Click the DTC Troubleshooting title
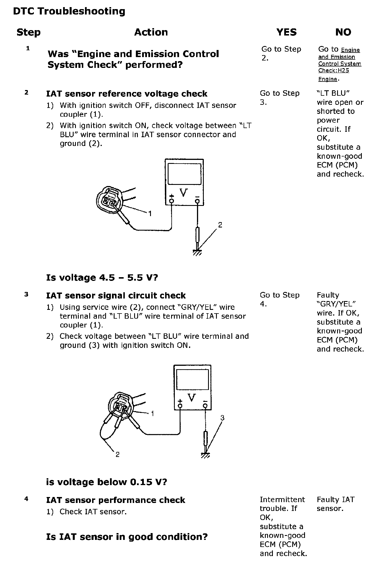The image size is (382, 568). pyautogui.click(x=69, y=11)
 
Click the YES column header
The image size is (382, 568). pyautogui.click(x=286, y=32)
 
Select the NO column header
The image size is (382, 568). pyautogui.click(x=343, y=32)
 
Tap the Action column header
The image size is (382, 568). pyautogui.click(x=151, y=32)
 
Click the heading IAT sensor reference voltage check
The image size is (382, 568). pyautogui.click(x=127, y=94)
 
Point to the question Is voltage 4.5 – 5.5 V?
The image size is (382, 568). pyautogui.click(x=102, y=277)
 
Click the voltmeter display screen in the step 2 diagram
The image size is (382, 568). pyautogui.click(x=184, y=174)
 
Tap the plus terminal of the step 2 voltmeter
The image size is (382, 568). pyautogui.click(x=172, y=201)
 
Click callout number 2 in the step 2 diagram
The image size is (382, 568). pyautogui.click(x=220, y=225)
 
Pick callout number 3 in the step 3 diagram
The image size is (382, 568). pyautogui.click(x=222, y=417)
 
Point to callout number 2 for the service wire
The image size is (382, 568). pyautogui.click(x=117, y=454)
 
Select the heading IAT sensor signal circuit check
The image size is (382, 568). pyautogui.click(x=116, y=296)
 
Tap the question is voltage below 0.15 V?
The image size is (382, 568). pyautogui.click(x=107, y=482)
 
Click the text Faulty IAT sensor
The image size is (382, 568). pyautogui.click(x=335, y=504)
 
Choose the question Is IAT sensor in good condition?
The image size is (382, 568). pyautogui.click(x=127, y=537)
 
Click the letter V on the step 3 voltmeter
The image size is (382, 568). pyautogui.click(x=192, y=397)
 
